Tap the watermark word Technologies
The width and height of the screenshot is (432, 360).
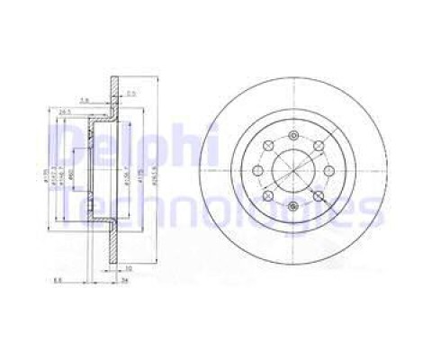click(216, 209)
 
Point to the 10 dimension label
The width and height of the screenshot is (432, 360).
click(130, 269)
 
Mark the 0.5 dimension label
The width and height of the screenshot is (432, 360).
click(130, 94)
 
